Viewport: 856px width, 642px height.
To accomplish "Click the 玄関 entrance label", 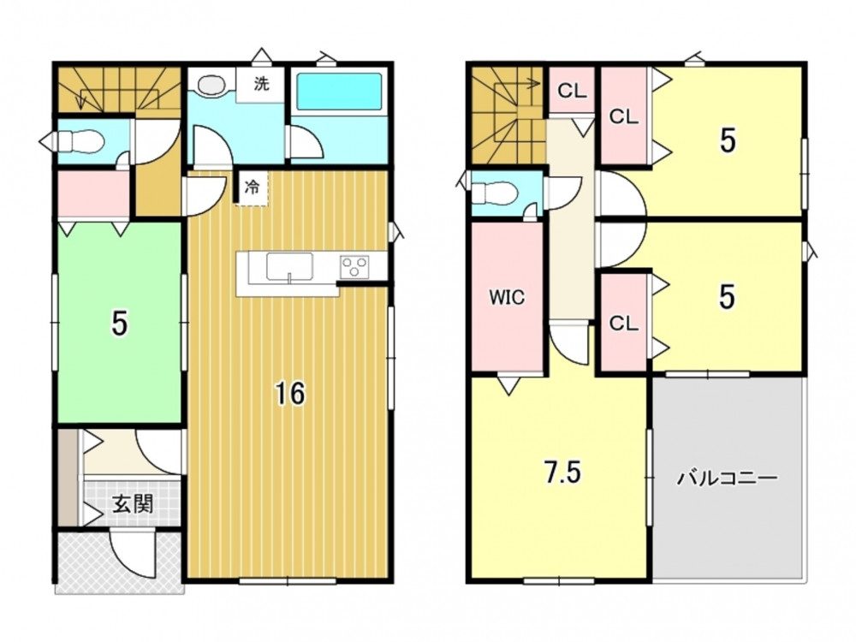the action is click(x=132, y=504).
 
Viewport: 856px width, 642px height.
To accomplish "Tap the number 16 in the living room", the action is click(x=290, y=394).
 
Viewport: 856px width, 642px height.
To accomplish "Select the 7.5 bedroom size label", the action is click(x=563, y=473).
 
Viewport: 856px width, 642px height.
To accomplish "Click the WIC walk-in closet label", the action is click(x=507, y=297).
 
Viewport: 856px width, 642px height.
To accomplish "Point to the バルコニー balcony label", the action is click(x=727, y=479).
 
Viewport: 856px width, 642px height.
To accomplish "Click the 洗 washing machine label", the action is click(x=261, y=84).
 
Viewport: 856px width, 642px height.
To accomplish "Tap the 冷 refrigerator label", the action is click(x=252, y=187).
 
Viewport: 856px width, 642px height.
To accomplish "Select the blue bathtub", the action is click(x=339, y=91).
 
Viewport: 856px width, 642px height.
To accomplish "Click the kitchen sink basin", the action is click(x=288, y=267).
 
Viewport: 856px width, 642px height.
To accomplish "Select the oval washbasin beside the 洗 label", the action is click(x=211, y=85).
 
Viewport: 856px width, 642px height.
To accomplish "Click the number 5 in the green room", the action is click(x=119, y=324).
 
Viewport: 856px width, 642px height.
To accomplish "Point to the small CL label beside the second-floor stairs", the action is click(x=572, y=91).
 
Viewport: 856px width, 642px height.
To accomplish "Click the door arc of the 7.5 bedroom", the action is click(x=568, y=344).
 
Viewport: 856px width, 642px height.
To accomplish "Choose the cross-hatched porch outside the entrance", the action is click(x=119, y=562).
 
